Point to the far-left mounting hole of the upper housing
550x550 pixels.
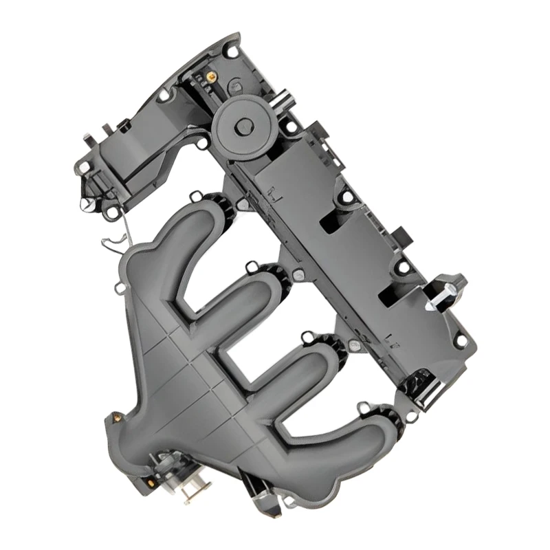tap(83, 167)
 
